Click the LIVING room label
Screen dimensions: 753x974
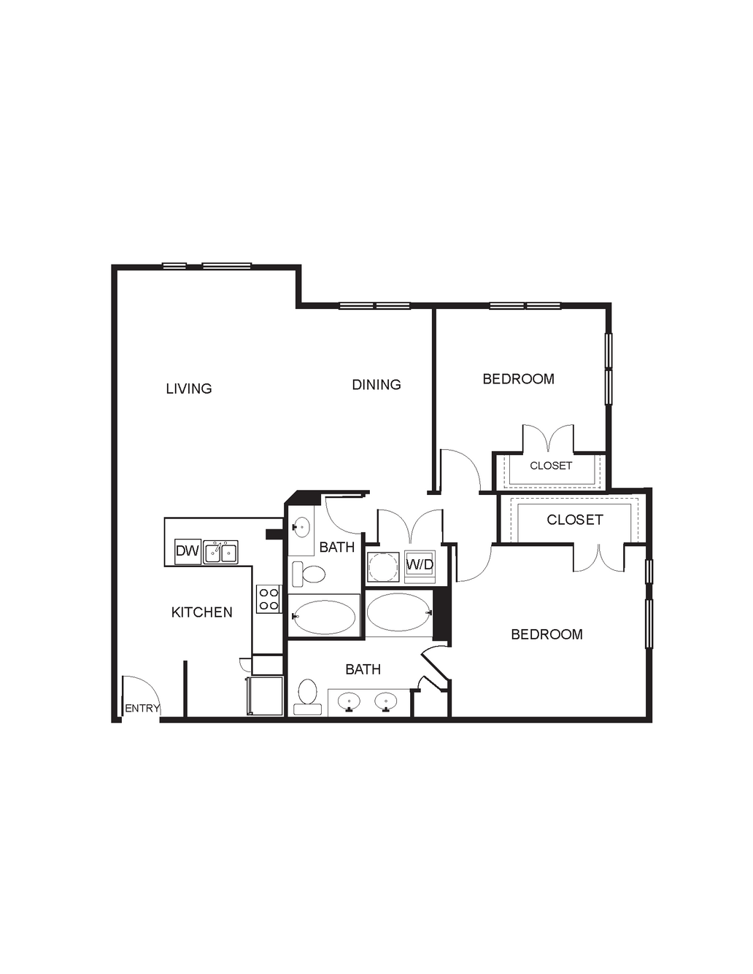click(x=189, y=389)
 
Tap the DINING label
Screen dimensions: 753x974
click(x=376, y=385)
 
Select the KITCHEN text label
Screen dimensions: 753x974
click(x=202, y=612)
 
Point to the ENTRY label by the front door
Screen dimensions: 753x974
click(x=142, y=708)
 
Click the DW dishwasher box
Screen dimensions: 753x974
click(x=188, y=551)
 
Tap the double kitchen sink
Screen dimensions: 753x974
click(x=220, y=552)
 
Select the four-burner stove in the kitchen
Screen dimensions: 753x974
click(x=269, y=599)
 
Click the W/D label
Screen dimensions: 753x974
click(x=420, y=565)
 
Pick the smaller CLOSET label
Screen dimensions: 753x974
click(x=551, y=466)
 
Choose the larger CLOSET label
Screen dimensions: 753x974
click(x=574, y=520)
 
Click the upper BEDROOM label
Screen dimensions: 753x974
click(x=519, y=379)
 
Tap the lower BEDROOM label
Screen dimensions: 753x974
click(x=547, y=634)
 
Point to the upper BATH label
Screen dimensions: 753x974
click(x=337, y=548)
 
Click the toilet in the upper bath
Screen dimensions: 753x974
click(x=309, y=574)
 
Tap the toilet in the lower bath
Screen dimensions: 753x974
click(x=307, y=696)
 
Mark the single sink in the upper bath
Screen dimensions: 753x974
click(x=301, y=527)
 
